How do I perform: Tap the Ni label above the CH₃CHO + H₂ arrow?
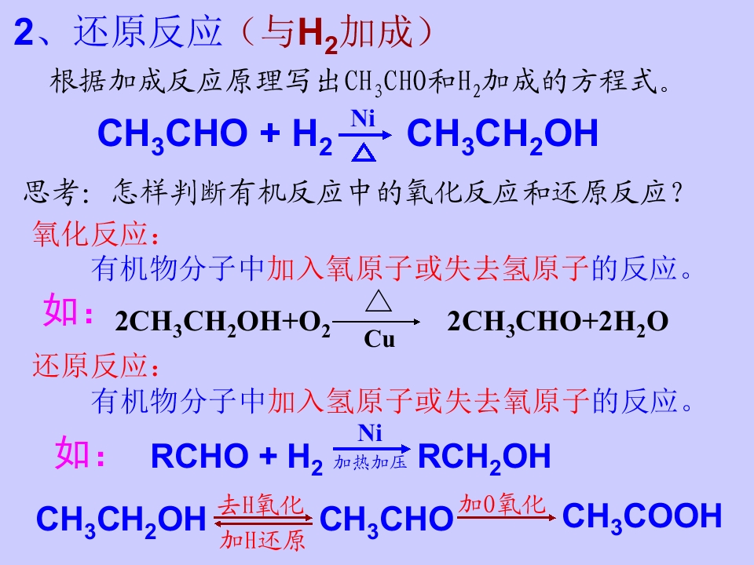coord(363,118)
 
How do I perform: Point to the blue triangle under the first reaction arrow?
coord(364,153)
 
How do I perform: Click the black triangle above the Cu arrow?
coord(379,301)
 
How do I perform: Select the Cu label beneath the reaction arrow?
coord(379,339)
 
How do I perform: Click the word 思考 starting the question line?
coord(52,192)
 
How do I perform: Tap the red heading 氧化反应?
coord(90,234)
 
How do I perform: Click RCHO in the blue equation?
coord(199,456)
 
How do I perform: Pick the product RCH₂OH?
coord(485,457)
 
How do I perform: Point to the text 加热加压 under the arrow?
coord(370,462)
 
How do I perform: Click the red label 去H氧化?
coord(261,505)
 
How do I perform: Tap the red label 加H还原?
coord(262,540)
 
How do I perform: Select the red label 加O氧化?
coord(502,505)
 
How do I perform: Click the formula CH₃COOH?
coord(642,517)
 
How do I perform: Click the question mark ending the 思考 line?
coord(678,193)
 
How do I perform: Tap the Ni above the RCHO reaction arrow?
coord(370,433)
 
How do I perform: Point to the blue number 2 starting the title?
coord(24,33)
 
